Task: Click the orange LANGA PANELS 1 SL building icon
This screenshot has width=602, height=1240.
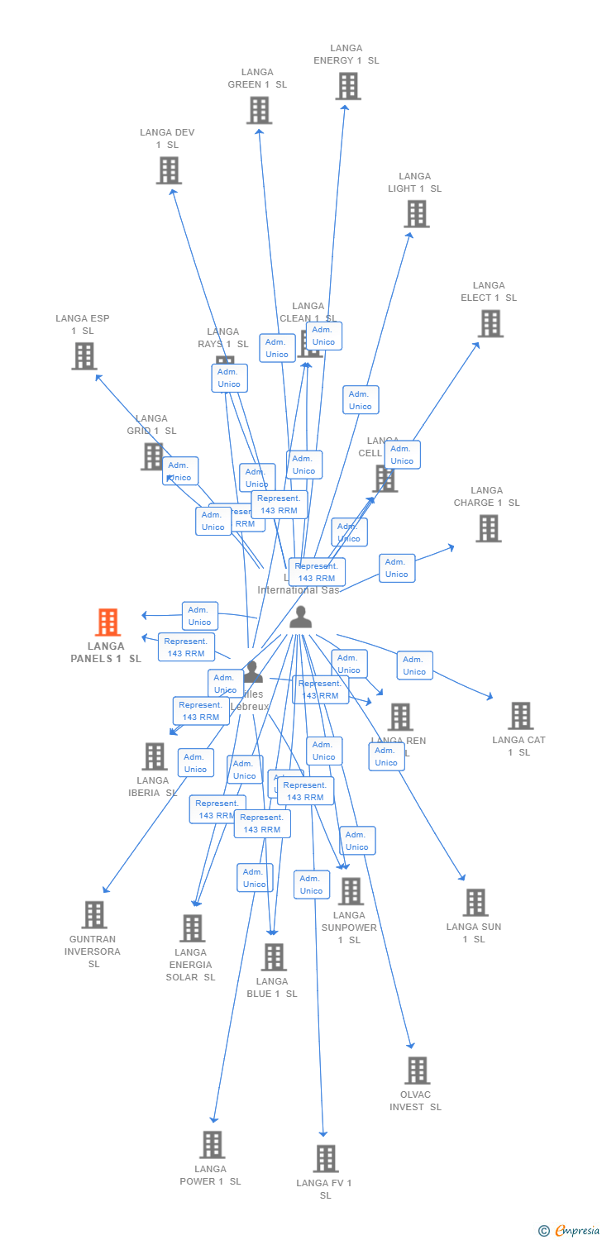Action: (108, 622)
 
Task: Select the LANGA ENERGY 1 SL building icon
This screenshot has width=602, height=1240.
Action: (348, 86)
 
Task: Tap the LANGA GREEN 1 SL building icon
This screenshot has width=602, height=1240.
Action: (259, 110)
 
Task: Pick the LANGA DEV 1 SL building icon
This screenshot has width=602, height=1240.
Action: (169, 170)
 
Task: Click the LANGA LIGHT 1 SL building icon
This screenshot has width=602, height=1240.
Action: (416, 213)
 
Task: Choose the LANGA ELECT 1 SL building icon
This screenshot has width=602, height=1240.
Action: (490, 323)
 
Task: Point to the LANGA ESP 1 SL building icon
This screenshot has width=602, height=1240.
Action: (84, 355)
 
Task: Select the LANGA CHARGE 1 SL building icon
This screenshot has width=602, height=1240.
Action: (488, 528)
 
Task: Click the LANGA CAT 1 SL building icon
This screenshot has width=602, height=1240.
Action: (520, 716)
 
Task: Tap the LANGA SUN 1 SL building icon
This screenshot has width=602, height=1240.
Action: (475, 903)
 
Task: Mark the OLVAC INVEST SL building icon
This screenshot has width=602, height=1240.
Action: (417, 1071)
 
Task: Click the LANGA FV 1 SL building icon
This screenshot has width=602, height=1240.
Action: (326, 1158)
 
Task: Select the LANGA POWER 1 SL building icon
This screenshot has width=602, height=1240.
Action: (213, 1145)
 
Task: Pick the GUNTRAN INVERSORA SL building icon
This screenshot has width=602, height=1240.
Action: (94, 915)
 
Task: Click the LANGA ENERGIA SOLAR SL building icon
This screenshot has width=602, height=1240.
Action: (193, 928)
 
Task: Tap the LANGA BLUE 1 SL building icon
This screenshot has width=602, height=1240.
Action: (274, 957)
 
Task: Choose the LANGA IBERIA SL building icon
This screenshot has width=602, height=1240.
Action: (155, 756)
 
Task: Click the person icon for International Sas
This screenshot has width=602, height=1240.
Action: (301, 617)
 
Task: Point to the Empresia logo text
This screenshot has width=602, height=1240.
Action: (576, 1231)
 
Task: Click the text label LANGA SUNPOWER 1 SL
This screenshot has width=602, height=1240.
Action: (349, 928)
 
